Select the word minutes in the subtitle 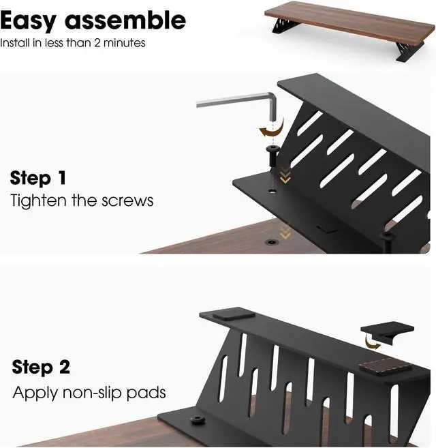click(x=127, y=42)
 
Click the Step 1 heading click(x=38, y=179)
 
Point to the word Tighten click(x=37, y=200)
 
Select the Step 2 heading click(x=41, y=367)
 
